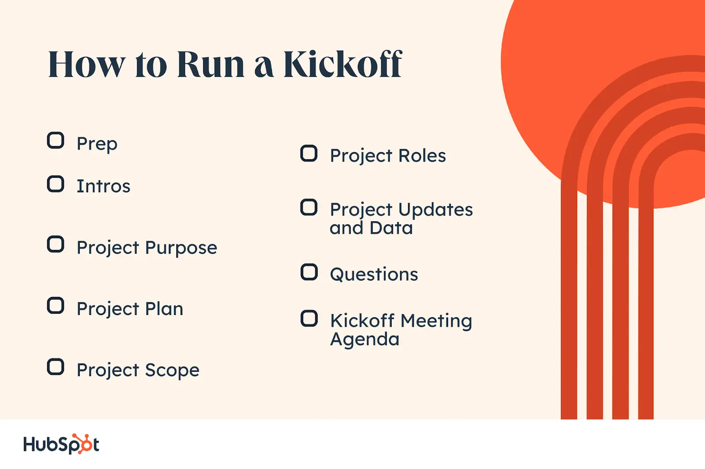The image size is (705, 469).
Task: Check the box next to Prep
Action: point(56,140)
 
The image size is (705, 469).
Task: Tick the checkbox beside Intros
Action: point(56,184)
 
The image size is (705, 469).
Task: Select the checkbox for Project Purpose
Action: point(56,244)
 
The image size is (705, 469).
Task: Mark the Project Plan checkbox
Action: point(56,305)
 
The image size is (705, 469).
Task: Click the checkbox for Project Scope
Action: point(56,367)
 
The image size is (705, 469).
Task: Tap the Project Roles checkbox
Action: point(309,154)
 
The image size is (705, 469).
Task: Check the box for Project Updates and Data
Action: point(309,208)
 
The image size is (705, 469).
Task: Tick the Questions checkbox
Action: point(309,272)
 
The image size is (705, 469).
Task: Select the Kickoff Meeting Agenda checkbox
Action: point(309,319)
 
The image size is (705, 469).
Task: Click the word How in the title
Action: point(86,64)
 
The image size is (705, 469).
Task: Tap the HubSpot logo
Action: point(61,444)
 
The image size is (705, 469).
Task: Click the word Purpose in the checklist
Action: point(181,248)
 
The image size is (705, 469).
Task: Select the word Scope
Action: point(172,370)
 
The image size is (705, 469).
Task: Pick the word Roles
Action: point(422,155)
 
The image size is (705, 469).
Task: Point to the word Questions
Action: point(374,275)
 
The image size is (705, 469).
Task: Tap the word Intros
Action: point(104,186)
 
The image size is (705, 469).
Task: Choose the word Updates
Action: point(436,210)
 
